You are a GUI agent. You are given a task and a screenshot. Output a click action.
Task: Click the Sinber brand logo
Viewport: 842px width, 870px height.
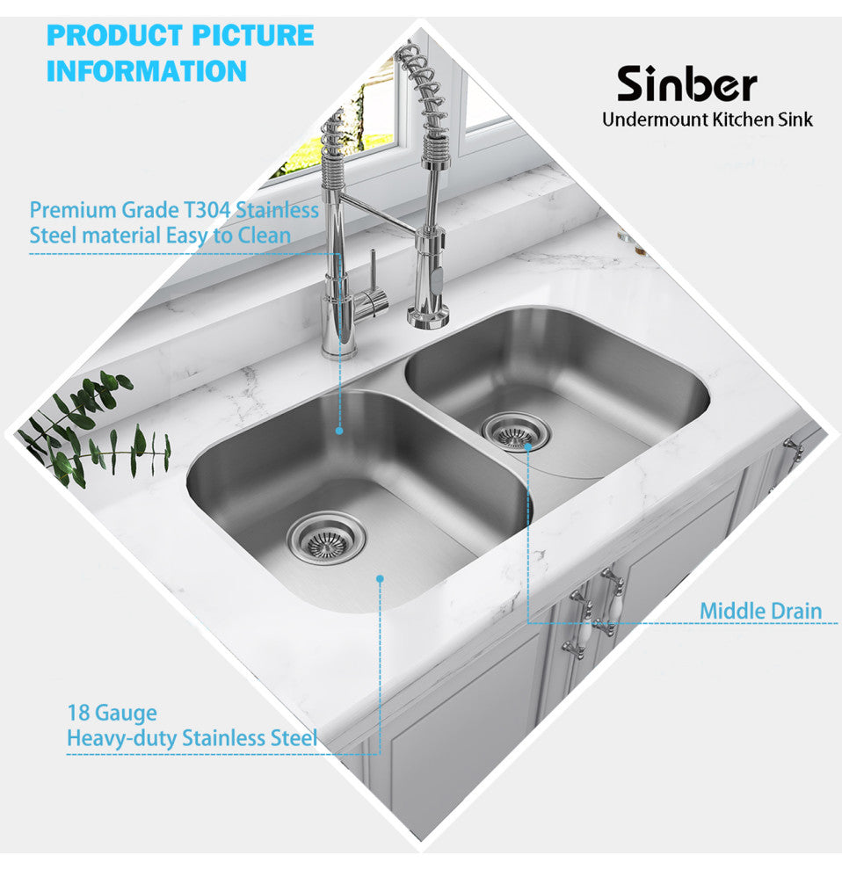pyautogui.click(x=687, y=83)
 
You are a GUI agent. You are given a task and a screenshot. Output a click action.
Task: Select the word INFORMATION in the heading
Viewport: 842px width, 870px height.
pyautogui.click(x=147, y=71)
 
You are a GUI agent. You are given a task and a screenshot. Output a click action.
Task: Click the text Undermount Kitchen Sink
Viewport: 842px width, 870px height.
pyautogui.click(x=708, y=120)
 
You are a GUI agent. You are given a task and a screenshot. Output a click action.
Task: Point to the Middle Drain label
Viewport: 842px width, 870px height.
pyautogui.click(x=760, y=611)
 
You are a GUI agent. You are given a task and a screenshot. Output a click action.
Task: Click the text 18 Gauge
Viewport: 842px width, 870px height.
pyautogui.click(x=113, y=713)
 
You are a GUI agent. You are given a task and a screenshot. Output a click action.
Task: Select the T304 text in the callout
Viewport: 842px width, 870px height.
pyautogui.click(x=207, y=210)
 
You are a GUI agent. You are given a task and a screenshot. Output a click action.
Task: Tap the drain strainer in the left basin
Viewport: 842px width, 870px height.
pyautogui.click(x=326, y=538)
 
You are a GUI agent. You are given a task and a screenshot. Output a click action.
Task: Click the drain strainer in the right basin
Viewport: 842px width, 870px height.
pyautogui.click(x=515, y=431)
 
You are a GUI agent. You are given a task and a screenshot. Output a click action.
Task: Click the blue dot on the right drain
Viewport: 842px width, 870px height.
pyautogui.click(x=528, y=446)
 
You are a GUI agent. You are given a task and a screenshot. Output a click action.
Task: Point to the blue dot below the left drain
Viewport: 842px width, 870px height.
pyautogui.click(x=381, y=579)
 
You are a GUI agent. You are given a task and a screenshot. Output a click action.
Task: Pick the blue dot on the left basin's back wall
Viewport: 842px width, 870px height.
pyautogui.click(x=339, y=431)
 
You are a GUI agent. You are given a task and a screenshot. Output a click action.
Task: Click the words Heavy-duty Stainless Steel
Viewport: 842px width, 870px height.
pyautogui.click(x=192, y=738)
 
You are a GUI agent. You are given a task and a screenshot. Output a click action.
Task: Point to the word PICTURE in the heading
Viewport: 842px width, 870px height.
pyautogui.click(x=253, y=35)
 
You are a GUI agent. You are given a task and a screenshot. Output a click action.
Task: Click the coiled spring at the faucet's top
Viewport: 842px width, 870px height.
pyautogui.click(x=422, y=89)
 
